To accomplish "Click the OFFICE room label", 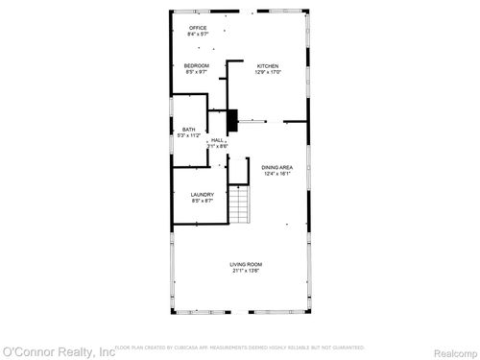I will (x=198, y=28).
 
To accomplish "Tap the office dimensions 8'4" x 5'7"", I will (x=198, y=35).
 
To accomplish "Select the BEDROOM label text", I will (x=196, y=65).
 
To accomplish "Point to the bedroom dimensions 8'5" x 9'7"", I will (x=196, y=72).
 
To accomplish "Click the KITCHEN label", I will (x=267, y=65).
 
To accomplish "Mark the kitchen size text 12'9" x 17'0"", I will (x=267, y=72).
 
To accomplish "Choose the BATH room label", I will (x=188, y=130).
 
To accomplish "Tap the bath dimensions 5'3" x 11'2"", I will (x=188, y=136).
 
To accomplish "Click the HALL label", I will (x=218, y=139).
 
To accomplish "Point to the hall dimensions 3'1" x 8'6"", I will (x=217, y=146).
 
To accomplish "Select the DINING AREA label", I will (x=277, y=168).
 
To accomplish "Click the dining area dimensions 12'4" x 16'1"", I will (x=277, y=175).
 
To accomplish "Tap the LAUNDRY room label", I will (x=201, y=194).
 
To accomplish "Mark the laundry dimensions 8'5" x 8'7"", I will (x=201, y=201).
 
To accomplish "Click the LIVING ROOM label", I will (x=246, y=264).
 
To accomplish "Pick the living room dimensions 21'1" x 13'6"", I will (x=246, y=271).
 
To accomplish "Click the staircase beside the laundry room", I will (x=239, y=204).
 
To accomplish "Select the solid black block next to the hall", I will (x=230, y=121).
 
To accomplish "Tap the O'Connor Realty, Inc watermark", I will (x=58, y=352).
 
